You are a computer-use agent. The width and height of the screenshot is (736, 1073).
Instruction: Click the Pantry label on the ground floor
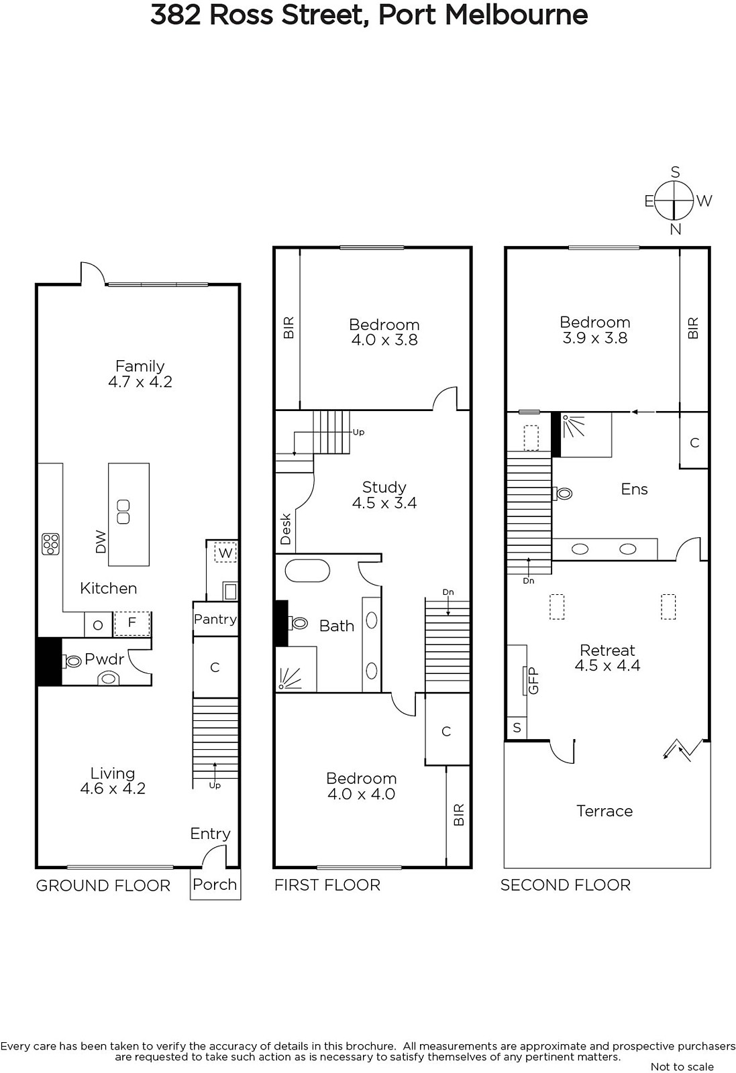[x=215, y=620]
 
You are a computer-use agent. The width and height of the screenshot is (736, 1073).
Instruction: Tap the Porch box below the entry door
[x=215, y=884]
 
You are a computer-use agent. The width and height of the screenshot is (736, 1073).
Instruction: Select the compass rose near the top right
[x=674, y=201]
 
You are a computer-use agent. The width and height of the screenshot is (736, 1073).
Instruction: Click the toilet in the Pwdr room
[x=72, y=661]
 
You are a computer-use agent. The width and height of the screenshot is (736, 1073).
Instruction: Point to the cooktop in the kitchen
[x=50, y=544]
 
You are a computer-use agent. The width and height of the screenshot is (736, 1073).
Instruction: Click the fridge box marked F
[x=132, y=624]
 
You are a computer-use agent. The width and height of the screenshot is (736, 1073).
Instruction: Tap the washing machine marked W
[x=225, y=553]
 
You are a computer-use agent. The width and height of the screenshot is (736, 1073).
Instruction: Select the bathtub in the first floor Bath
[x=307, y=571]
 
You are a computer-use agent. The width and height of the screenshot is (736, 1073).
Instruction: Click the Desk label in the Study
[x=286, y=529]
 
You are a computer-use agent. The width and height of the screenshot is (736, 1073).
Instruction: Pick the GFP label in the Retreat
[x=533, y=681]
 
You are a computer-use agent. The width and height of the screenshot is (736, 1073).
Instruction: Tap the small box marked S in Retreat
[x=517, y=728]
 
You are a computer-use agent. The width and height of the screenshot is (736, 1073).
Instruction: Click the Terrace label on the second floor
[x=604, y=811]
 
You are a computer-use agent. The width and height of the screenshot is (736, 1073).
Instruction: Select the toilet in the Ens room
[x=562, y=494]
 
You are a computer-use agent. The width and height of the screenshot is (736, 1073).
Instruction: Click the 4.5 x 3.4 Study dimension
[x=384, y=503]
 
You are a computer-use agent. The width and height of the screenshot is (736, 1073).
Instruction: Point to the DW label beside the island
[x=101, y=542]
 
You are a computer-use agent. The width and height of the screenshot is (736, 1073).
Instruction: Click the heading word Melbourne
[x=517, y=15]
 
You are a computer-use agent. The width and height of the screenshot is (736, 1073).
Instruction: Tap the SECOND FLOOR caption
[x=566, y=885]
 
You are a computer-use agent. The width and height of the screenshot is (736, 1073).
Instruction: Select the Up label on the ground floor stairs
[x=215, y=785]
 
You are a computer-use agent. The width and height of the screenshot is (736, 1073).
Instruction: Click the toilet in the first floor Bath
[x=298, y=623]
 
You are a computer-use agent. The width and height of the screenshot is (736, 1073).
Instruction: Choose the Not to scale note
[x=682, y=1067]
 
